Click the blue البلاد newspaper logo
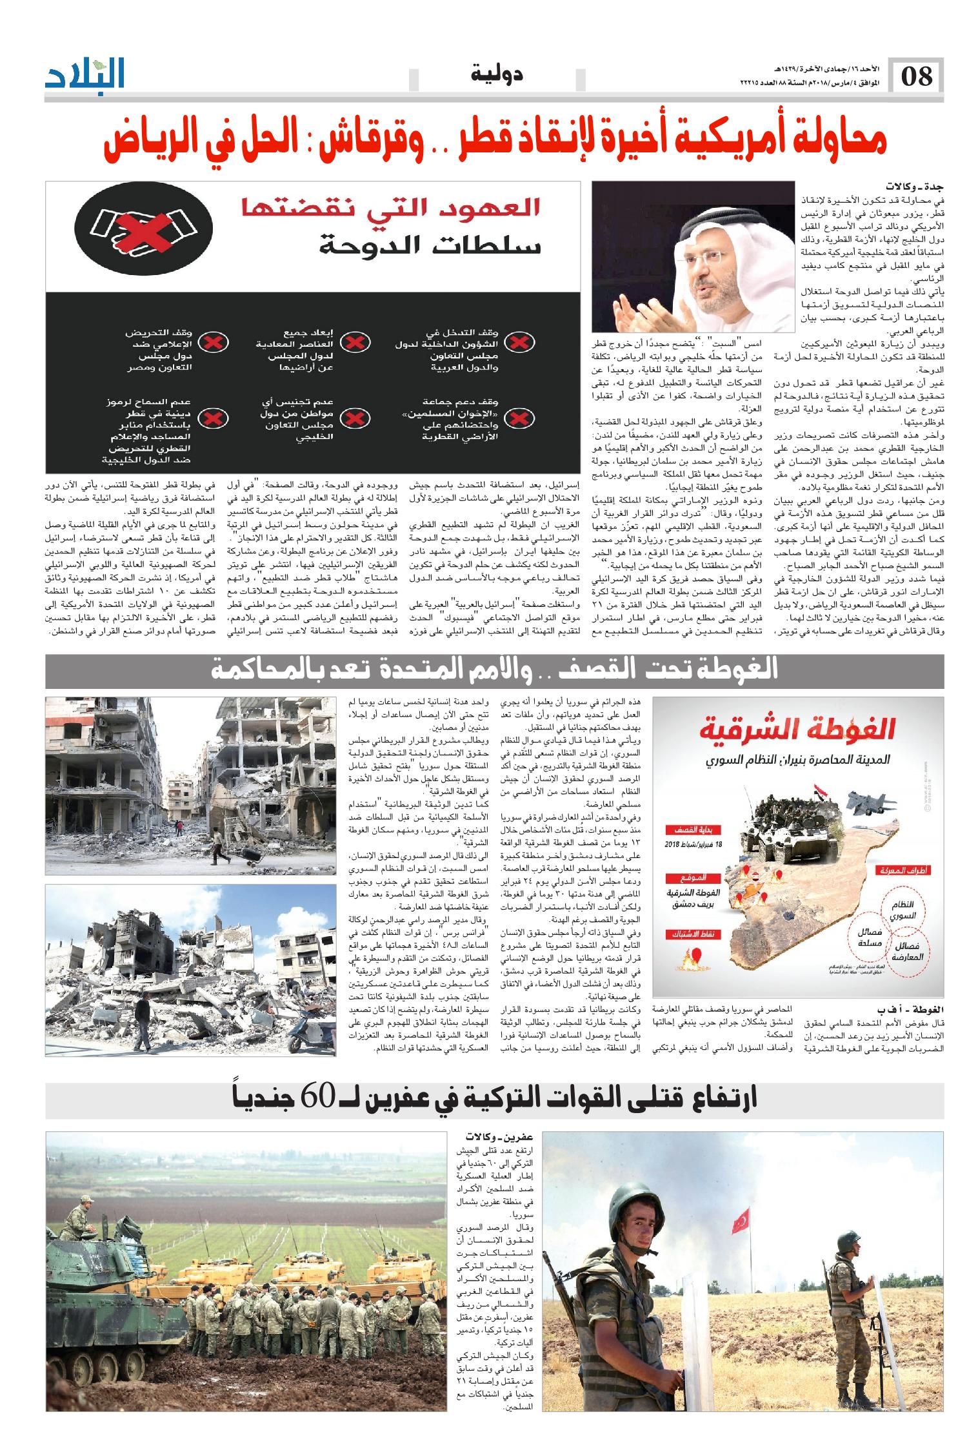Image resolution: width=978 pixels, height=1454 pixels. (85, 75)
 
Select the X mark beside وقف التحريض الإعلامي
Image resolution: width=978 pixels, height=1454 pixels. (208, 342)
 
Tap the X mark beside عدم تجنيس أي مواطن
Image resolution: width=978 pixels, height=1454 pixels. (354, 419)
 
